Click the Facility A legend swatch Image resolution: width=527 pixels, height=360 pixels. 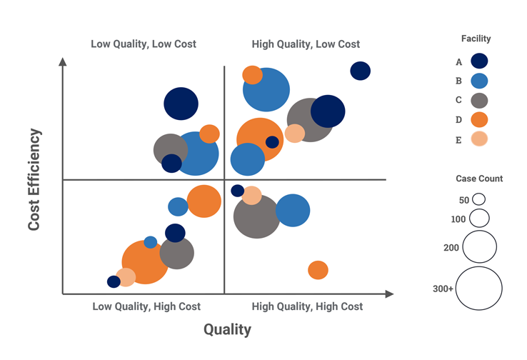point(480,62)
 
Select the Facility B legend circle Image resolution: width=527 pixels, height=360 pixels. point(480,81)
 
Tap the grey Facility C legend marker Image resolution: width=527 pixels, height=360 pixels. point(480,100)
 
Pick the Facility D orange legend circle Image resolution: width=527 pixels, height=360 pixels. point(480,119)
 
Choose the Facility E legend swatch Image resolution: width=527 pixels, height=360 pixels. point(480,139)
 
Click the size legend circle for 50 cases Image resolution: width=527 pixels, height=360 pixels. point(478,199)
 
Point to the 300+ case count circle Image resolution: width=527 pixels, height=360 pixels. point(480,288)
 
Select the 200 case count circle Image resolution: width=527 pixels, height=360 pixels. point(480,246)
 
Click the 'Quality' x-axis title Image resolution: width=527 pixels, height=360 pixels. point(227,329)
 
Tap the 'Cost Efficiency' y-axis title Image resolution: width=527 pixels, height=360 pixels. point(34,180)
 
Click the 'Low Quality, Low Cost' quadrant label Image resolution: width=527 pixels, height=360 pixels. point(144,44)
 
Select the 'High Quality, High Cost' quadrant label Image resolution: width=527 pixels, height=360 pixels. point(307,306)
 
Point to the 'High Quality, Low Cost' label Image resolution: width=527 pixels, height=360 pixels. point(306,44)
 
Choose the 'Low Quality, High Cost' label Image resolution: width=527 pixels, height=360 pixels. point(146,306)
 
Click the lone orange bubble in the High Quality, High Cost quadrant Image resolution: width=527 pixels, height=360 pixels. point(318,270)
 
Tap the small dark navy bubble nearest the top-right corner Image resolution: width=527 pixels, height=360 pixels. point(361,71)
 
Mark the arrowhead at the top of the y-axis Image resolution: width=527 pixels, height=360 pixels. point(63,61)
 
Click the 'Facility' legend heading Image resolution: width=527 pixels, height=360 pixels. point(476,39)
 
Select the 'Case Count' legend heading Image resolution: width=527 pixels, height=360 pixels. point(479,179)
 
